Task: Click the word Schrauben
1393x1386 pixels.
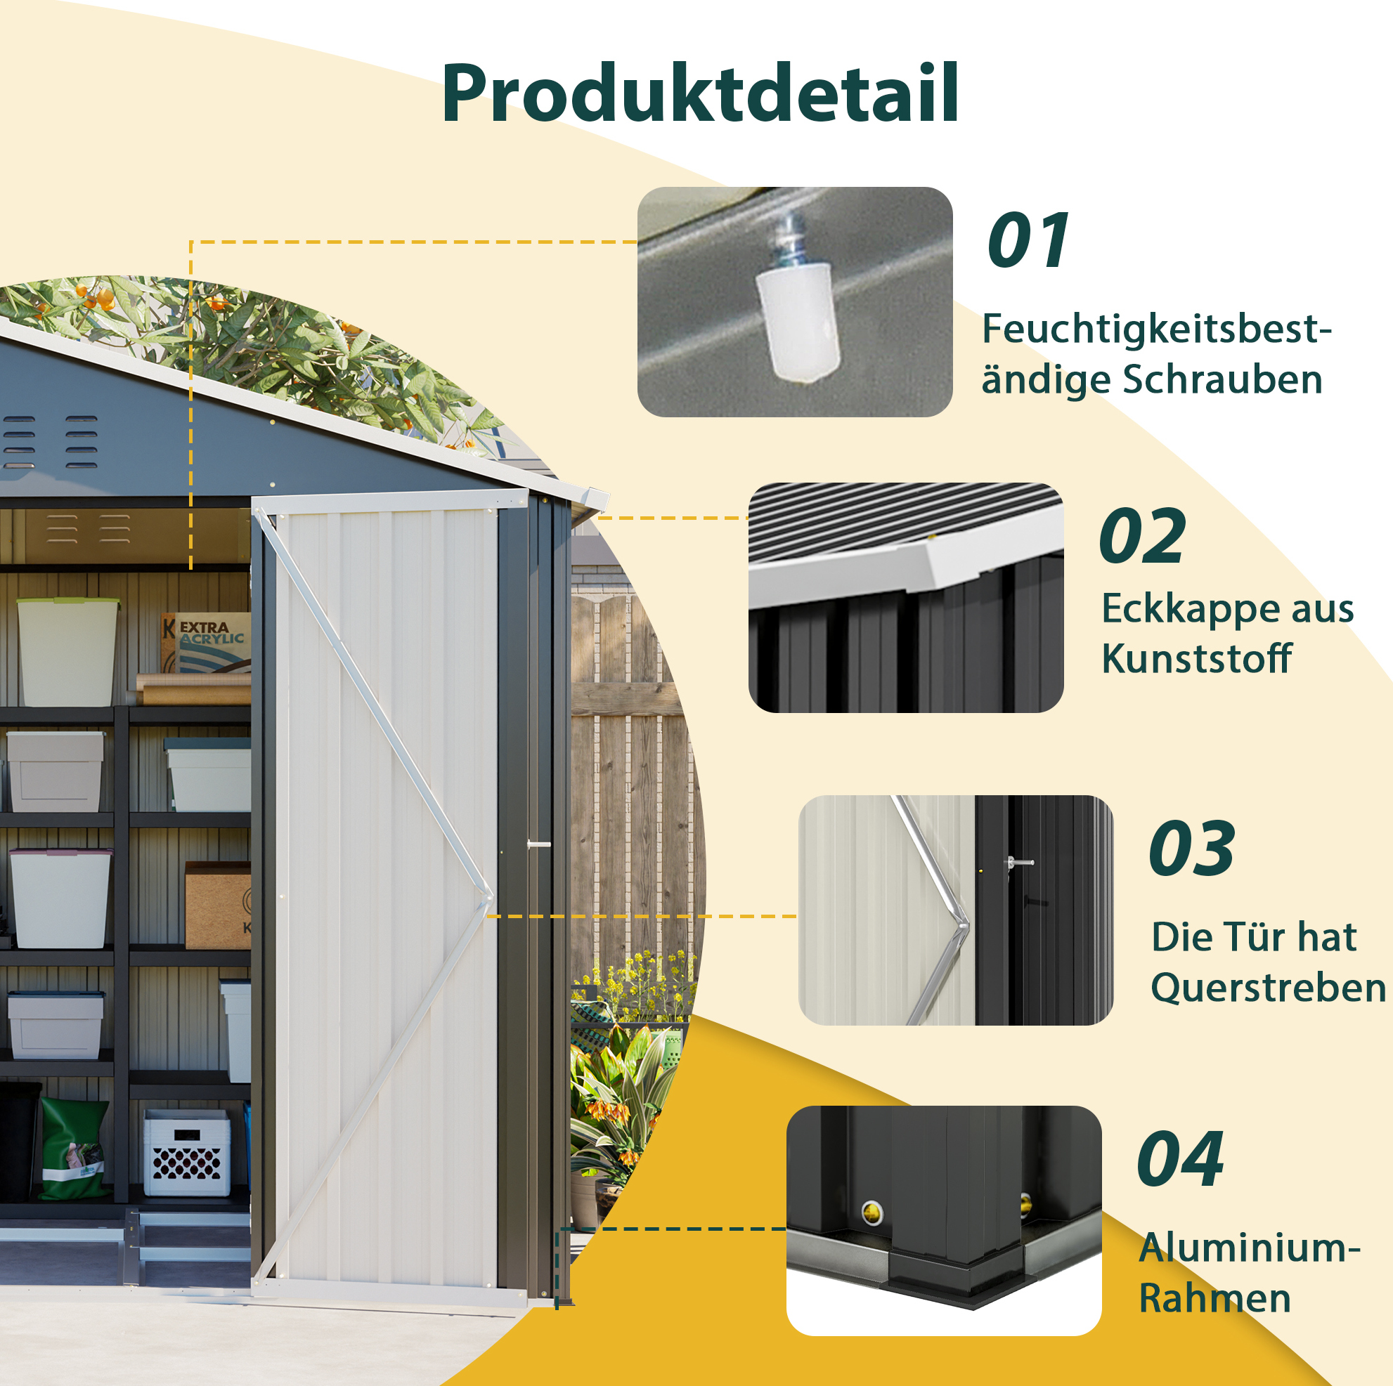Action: point(1224,380)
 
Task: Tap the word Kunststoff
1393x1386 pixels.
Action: point(1197,659)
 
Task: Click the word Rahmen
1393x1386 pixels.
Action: point(1215,1299)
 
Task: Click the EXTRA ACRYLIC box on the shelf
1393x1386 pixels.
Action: point(206,642)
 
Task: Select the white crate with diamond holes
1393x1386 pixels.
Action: point(187,1153)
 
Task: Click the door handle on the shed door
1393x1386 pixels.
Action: point(538,844)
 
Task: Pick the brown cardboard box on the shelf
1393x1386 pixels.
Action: point(218,906)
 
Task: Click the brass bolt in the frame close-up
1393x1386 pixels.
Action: point(872,1213)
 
